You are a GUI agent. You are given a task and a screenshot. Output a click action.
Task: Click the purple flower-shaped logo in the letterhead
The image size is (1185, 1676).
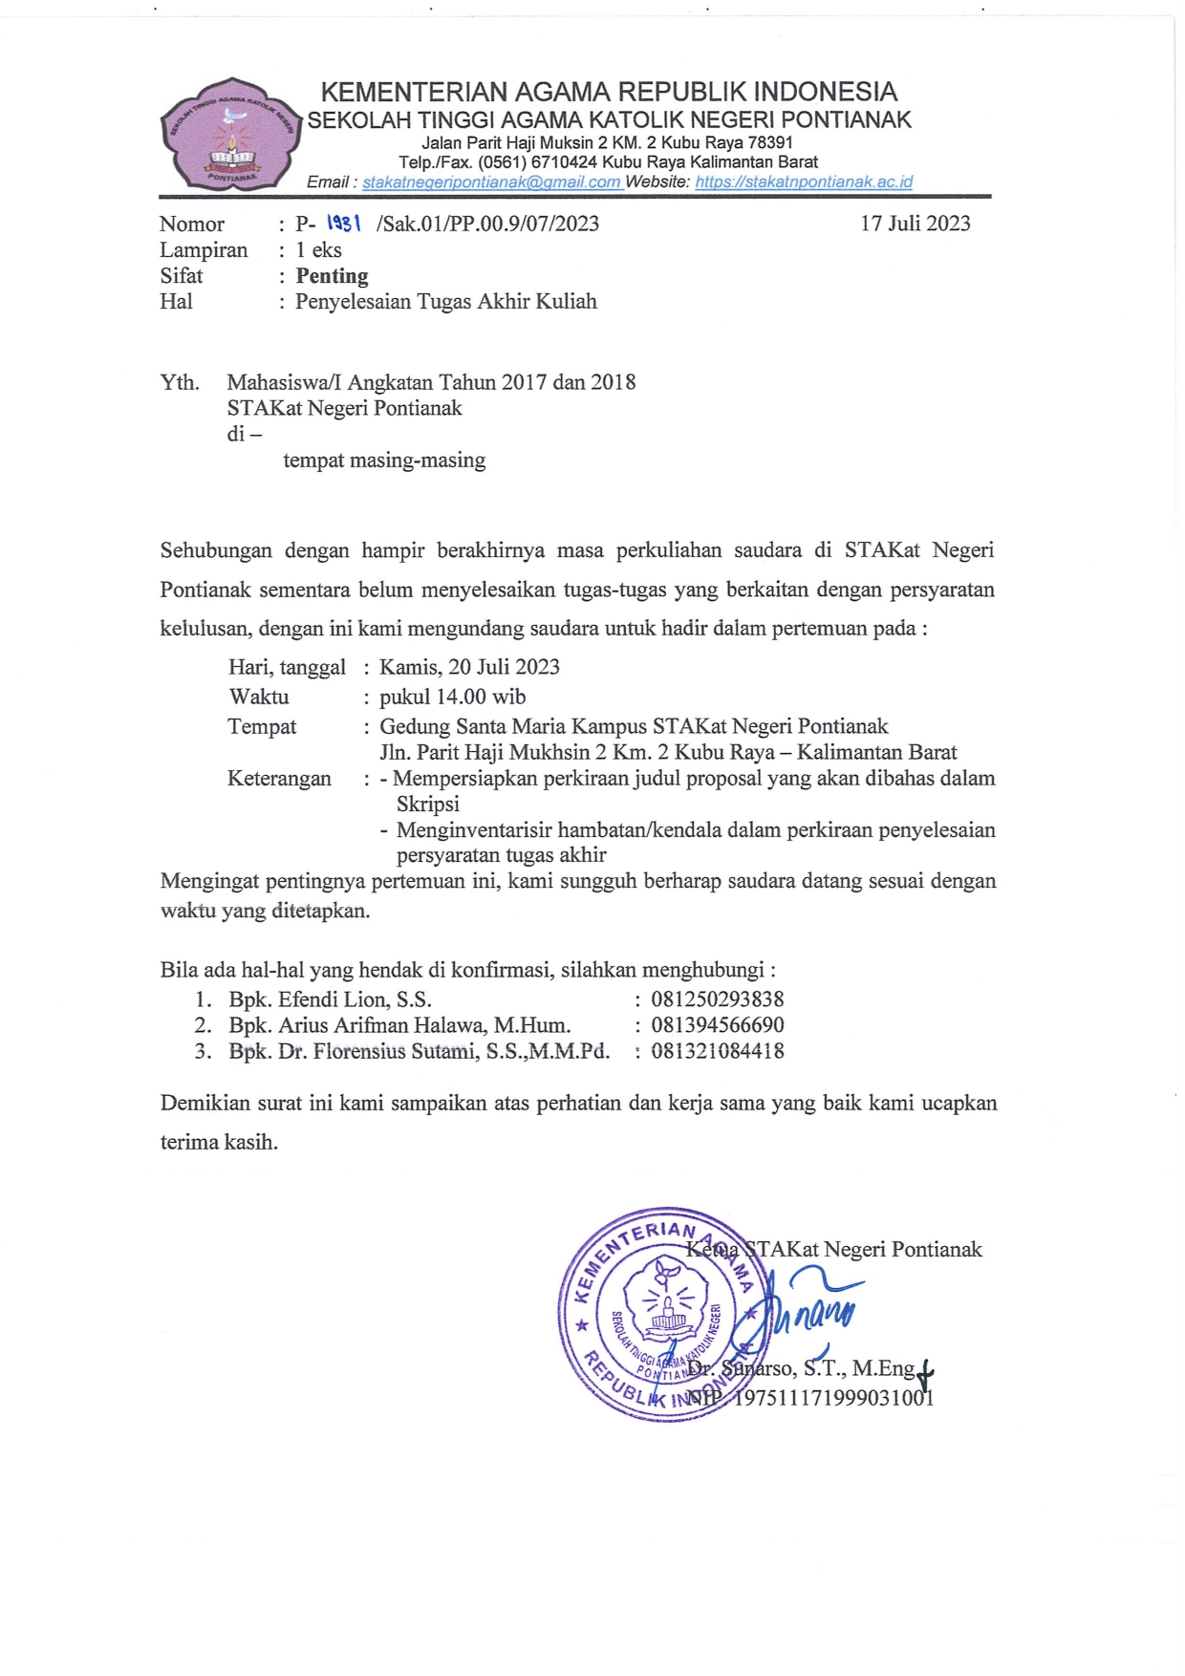[x=232, y=134]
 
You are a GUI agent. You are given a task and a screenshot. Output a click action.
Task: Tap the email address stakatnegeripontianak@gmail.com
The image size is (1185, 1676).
[x=492, y=182]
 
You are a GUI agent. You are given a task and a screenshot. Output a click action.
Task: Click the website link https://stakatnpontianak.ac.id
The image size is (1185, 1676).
[x=804, y=182]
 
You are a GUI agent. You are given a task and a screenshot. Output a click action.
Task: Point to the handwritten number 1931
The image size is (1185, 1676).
[x=343, y=223]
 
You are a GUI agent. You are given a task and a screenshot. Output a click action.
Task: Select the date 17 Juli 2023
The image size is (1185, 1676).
[x=915, y=224]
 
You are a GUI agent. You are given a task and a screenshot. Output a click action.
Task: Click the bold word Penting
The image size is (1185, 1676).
[x=332, y=276]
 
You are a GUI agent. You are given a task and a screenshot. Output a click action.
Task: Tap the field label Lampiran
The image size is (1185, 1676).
[x=204, y=250]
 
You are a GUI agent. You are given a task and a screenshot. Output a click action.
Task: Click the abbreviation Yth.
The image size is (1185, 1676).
[x=180, y=383]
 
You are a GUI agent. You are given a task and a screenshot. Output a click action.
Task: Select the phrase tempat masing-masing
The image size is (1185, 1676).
[x=384, y=461]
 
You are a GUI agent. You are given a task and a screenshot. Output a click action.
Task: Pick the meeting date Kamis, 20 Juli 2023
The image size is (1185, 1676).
[x=469, y=667]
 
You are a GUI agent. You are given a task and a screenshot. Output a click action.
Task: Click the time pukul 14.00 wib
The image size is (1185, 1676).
[x=452, y=697]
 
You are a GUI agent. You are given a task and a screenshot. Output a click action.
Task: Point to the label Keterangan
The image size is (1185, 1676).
[x=279, y=779]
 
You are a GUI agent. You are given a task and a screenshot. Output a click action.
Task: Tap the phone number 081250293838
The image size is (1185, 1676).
[x=717, y=999]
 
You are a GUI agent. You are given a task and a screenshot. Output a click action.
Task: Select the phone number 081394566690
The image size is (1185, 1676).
[x=717, y=1025]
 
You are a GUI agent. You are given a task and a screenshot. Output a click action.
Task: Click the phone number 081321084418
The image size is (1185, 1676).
[x=717, y=1051]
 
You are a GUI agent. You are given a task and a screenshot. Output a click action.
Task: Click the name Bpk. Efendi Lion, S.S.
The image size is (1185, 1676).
[x=330, y=999]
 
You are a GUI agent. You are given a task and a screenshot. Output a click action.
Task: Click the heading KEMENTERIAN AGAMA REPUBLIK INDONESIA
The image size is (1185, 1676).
[x=609, y=92]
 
